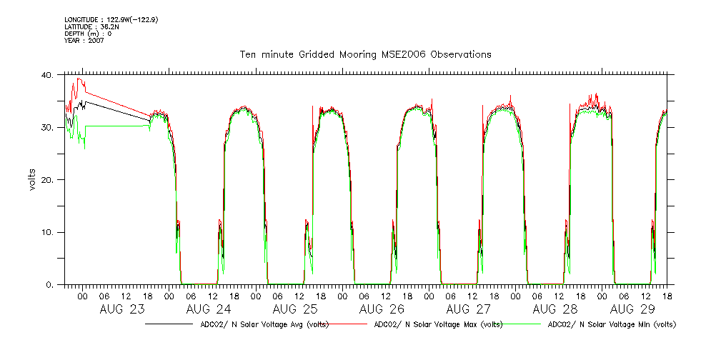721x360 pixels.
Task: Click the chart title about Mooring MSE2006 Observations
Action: (365, 55)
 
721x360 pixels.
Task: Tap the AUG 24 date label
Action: (209, 309)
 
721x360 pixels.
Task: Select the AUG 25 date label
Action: (295, 309)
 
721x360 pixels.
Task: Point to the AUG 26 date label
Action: (382, 309)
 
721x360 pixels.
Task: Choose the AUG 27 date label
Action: (469, 309)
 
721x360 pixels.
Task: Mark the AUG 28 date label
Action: (555, 309)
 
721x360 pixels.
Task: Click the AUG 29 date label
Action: (633, 309)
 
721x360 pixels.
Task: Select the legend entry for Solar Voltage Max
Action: (435, 324)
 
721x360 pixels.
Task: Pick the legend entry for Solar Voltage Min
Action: (612, 324)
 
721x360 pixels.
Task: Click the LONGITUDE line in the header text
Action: (111, 20)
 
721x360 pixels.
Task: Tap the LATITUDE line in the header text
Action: (91, 27)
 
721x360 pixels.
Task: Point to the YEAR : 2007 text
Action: (84, 41)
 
